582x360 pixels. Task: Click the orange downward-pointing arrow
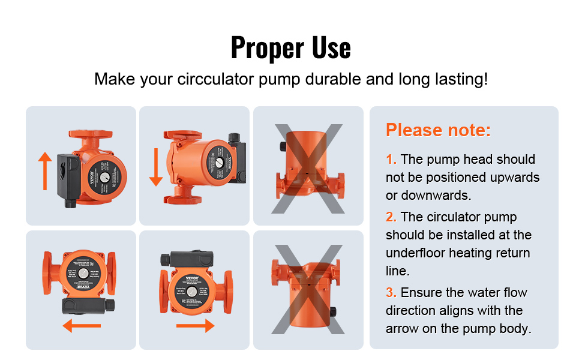156,167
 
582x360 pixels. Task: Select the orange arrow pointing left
82,326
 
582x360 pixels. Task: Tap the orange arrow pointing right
195,326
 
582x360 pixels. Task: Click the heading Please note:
438,130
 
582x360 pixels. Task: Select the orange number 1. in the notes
391,160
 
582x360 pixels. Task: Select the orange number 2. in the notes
391,217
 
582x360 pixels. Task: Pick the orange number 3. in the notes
391,293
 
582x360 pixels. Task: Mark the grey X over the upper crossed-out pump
308,169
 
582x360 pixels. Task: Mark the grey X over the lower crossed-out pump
308,290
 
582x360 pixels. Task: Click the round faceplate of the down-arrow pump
213,160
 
